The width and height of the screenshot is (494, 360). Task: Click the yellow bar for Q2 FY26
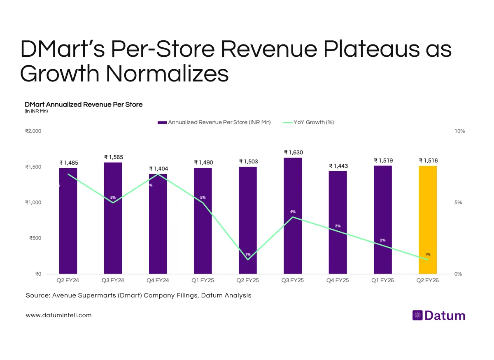428,220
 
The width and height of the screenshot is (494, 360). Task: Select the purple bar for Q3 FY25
293,216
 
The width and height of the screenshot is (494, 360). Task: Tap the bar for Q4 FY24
158,224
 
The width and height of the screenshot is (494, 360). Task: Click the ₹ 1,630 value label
293,152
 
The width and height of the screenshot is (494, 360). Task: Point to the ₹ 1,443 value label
338,166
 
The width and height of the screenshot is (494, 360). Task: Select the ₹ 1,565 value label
113,157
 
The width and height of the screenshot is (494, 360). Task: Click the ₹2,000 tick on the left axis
33,131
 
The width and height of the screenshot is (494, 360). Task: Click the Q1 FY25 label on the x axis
203,280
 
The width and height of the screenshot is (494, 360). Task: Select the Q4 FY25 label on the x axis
338,280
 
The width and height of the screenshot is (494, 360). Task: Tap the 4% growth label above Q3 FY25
293,211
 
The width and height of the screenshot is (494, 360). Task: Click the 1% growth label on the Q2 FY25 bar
248,254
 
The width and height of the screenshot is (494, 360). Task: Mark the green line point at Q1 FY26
383,246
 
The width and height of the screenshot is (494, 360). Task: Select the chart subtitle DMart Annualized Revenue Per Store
84,105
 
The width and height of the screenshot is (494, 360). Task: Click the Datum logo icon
417,316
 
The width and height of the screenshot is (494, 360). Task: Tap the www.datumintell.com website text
58,315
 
